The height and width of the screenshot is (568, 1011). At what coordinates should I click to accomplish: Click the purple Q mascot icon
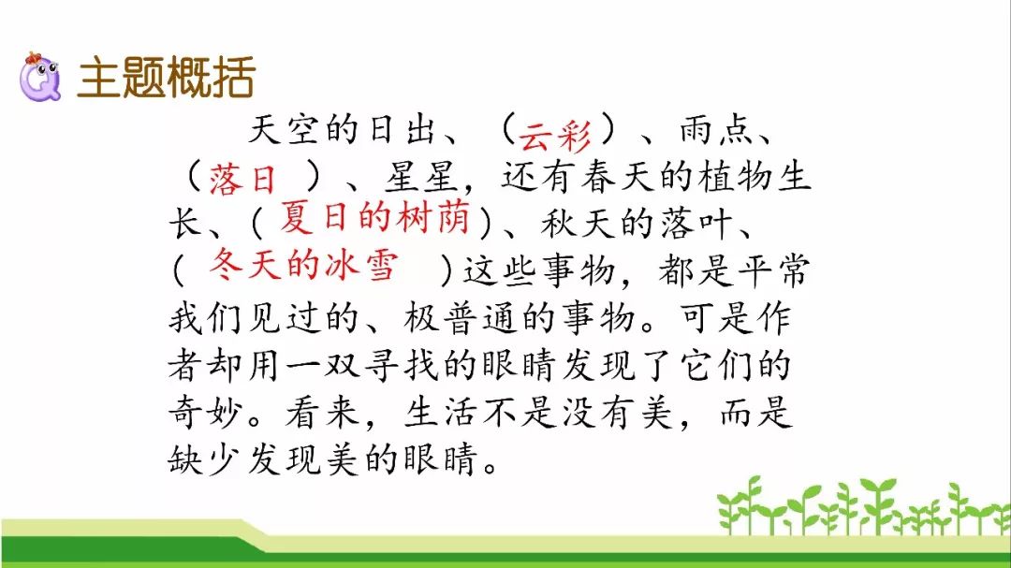(40, 78)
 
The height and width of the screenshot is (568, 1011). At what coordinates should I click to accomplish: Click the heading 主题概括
(167, 78)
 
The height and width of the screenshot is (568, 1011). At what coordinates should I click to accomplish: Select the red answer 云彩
(554, 135)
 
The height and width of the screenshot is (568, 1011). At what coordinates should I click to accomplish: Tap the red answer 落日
(242, 179)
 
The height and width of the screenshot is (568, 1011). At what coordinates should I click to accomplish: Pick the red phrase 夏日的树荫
(374, 217)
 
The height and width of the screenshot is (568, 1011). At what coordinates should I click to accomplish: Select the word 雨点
(716, 129)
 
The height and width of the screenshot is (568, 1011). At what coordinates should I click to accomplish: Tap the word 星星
(421, 177)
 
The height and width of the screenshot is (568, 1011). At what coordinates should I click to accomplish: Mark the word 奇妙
(205, 413)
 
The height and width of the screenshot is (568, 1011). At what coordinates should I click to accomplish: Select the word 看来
(322, 413)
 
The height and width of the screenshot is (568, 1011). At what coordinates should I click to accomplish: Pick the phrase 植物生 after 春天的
(755, 177)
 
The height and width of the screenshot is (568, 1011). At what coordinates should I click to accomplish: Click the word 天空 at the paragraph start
(285, 129)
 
